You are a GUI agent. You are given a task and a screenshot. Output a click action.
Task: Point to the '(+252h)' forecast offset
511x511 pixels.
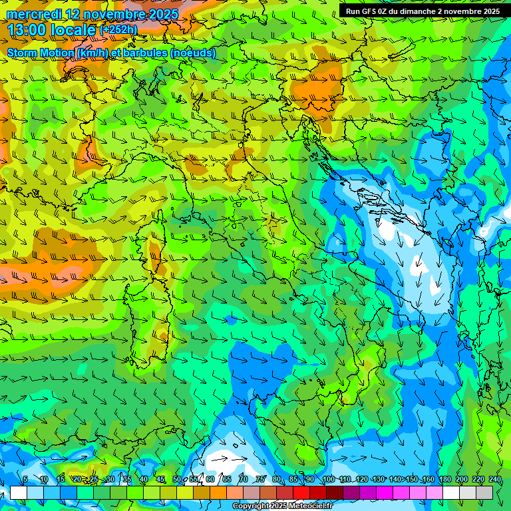(118, 29)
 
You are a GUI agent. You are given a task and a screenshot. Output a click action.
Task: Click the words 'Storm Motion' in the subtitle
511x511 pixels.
(40, 53)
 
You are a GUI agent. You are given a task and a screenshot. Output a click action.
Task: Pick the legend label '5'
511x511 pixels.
(25, 479)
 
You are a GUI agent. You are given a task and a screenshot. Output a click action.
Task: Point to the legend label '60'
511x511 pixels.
(210, 479)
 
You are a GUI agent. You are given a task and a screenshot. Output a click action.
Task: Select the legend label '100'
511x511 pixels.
(328, 479)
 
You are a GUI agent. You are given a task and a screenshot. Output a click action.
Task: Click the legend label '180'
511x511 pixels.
(444, 479)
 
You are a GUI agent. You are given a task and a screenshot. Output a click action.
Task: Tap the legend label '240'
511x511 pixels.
(494, 479)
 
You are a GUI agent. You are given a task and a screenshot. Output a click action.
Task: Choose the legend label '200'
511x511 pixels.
(461, 479)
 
